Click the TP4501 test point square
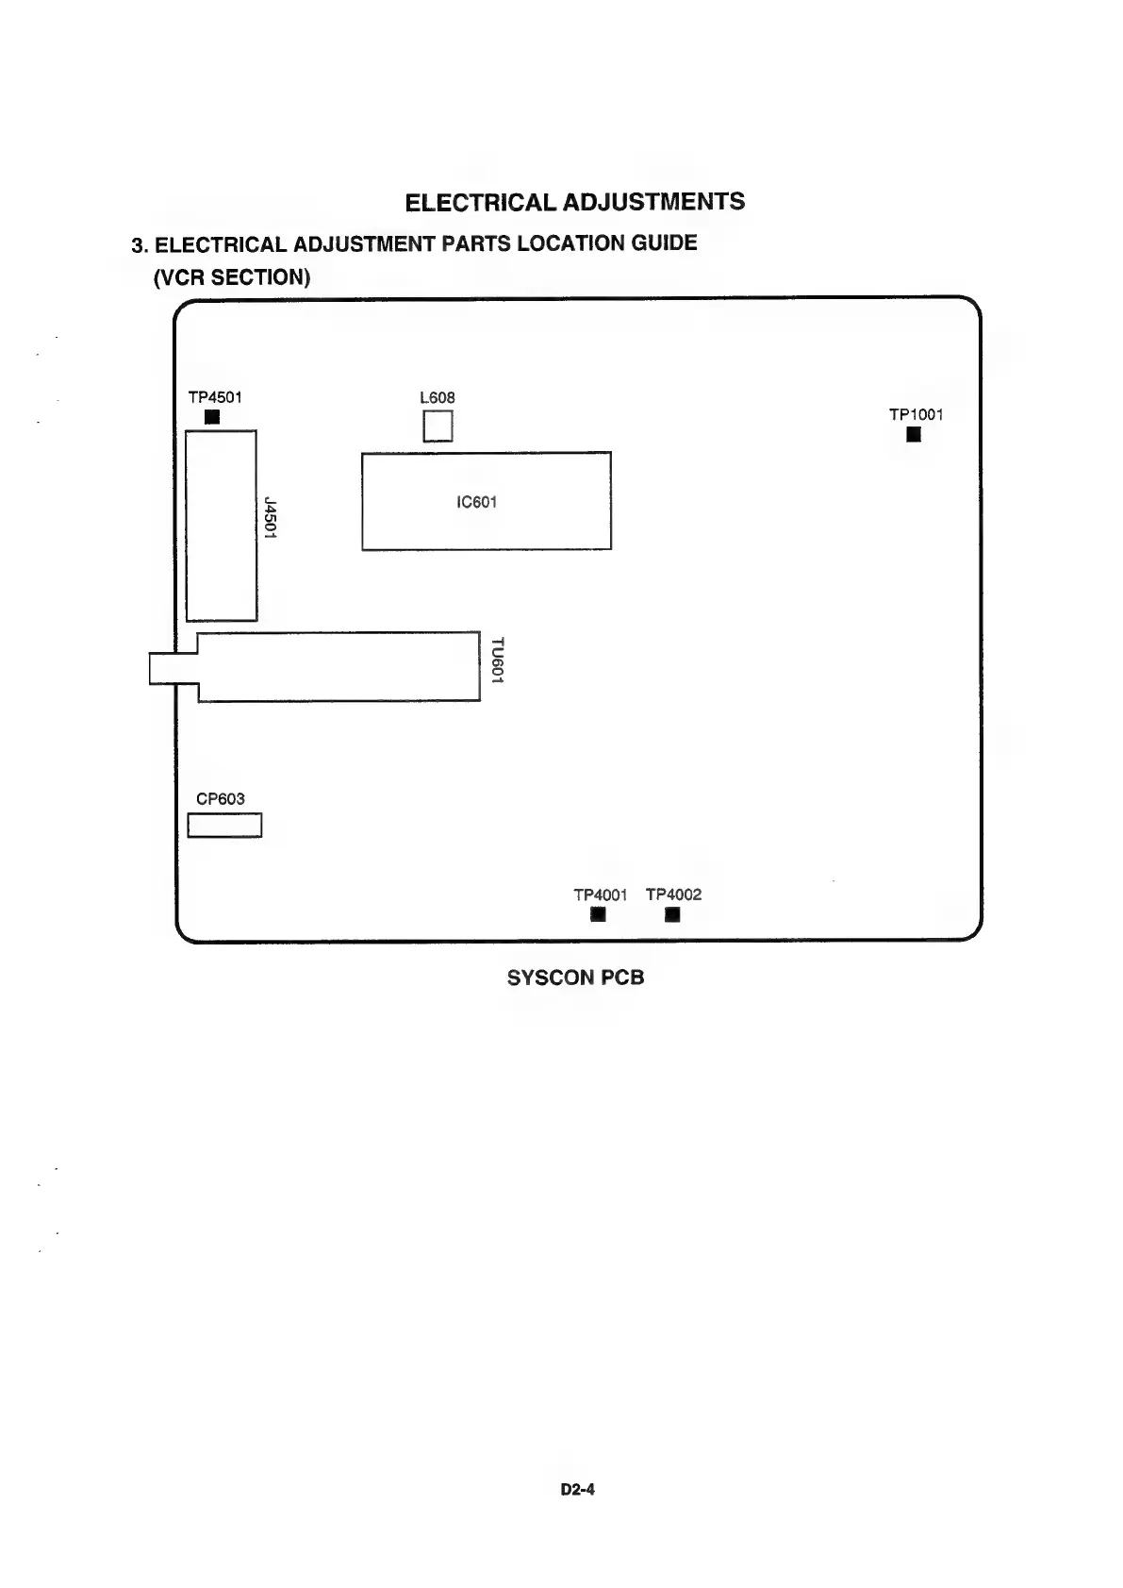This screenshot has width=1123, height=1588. pyautogui.click(x=212, y=417)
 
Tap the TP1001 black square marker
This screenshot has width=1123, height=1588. pyautogui.click(x=913, y=434)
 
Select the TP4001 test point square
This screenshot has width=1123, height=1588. pyautogui.click(x=597, y=914)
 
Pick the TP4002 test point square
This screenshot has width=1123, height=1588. pyautogui.click(x=671, y=914)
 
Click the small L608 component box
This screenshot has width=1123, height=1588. pyautogui.click(x=438, y=427)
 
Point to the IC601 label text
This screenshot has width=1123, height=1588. pyautogui.click(x=476, y=502)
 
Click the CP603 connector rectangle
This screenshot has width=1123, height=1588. pyautogui.click(x=224, y=826)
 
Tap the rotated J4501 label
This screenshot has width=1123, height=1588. pyautogui.click(x=271, y=518)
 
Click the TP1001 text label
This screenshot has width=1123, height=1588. pyautogui.click(x=916, y=414)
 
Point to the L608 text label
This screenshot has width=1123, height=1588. pyautogui.click(x=437, y=398)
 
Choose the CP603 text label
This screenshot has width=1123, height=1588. pyautogui.click(x=220, y=799)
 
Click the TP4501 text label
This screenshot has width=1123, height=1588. pyautogui.click(x=215, y=397)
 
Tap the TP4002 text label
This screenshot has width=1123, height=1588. pyautogui.click(x=673, y=894)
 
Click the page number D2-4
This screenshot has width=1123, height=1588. pyautogui.click(x=577, y=1490)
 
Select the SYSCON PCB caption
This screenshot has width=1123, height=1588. pyautogui.click(x=575, y=978)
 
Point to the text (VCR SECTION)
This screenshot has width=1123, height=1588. pyautogui.click(x=232, y=277)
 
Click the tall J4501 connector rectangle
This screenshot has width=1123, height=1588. pyautogui.click(x=222, y=526)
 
